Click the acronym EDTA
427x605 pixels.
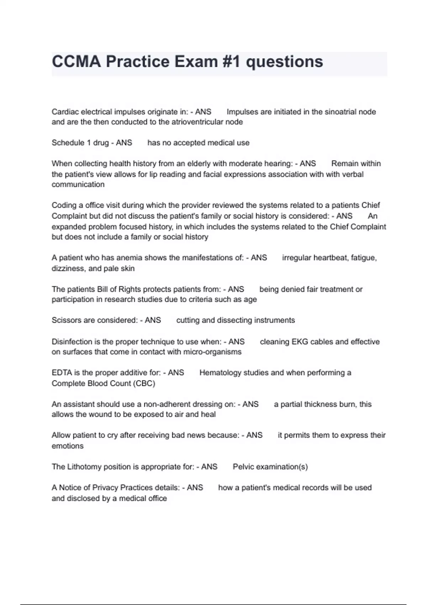[x=62, y=373]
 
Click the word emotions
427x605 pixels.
[x=68, y=446]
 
